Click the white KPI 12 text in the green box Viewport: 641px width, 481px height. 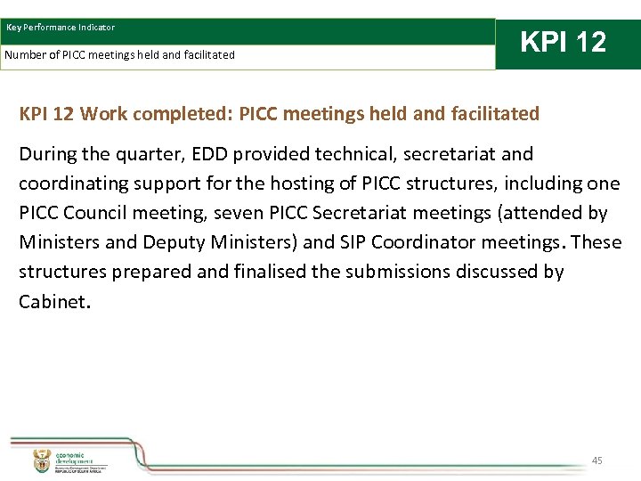click(563, 42)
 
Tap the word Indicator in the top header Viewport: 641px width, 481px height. click(93, 28)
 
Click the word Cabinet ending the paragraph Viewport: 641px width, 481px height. click(52, 301)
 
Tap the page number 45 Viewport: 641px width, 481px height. click(596, 461)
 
